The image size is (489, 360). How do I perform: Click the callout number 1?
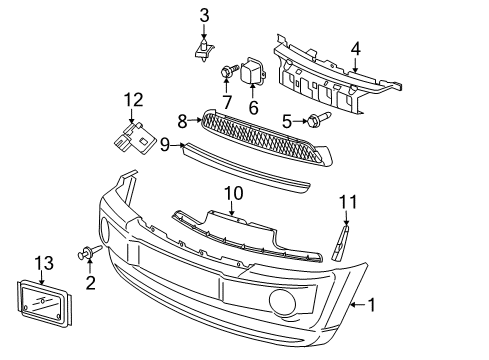(373, 304)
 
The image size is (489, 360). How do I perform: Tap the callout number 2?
(90, 284)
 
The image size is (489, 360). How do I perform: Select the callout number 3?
(204, 14)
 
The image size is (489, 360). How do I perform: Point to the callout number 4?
(354, 48)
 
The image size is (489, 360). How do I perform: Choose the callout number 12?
(133, 99)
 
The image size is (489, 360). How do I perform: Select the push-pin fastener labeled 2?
(89, 257)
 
